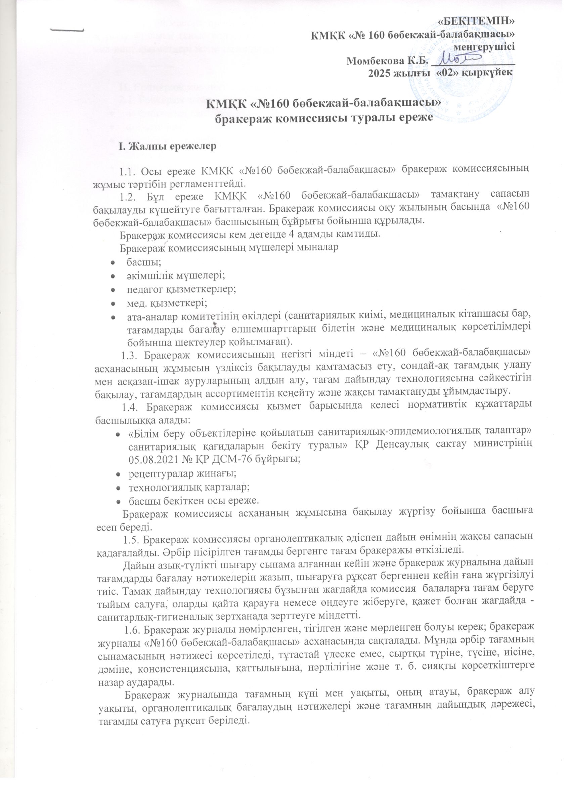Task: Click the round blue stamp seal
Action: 460,66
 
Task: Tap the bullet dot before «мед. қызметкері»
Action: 113,304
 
